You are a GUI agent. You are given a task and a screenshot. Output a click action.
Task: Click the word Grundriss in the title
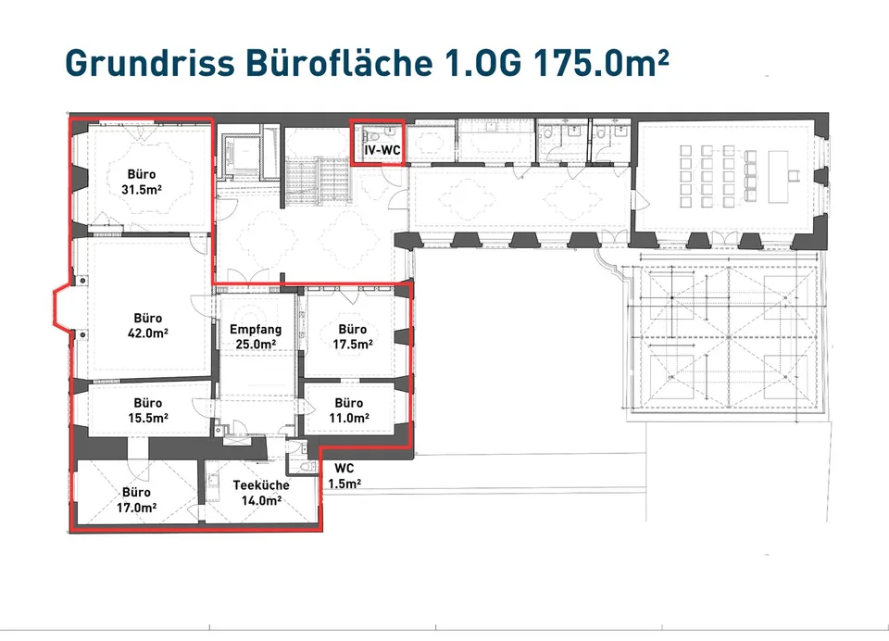150,62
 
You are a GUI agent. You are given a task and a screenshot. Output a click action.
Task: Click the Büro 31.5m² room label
141,182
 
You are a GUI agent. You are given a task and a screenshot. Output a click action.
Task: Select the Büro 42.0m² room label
148,326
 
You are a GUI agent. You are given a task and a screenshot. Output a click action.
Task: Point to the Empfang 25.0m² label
256,336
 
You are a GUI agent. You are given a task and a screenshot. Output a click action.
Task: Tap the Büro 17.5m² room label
353,336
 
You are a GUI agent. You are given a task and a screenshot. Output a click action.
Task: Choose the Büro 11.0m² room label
349,410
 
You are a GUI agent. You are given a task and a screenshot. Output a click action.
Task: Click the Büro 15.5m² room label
148,410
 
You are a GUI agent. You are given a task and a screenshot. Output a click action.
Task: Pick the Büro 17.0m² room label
137,500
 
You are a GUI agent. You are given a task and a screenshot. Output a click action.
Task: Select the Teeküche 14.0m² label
261,493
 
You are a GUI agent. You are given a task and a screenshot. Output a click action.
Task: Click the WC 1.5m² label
344,476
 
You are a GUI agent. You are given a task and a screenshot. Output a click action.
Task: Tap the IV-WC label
382,151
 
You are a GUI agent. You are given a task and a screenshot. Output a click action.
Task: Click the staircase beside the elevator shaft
317,178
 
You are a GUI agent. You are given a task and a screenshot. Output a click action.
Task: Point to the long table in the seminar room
779,177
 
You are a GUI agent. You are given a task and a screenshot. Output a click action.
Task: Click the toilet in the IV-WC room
367,136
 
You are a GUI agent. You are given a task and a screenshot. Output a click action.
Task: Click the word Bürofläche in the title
339,62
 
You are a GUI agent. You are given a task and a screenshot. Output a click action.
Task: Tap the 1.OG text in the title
483,62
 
